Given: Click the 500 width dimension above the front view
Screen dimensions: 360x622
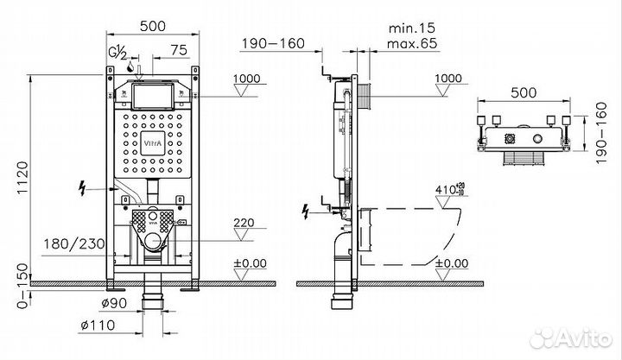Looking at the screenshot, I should (x=150, y=27).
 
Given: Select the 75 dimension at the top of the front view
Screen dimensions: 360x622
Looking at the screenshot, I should (x=178, y=50).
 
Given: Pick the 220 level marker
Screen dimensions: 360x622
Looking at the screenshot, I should (x=245, y=222).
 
